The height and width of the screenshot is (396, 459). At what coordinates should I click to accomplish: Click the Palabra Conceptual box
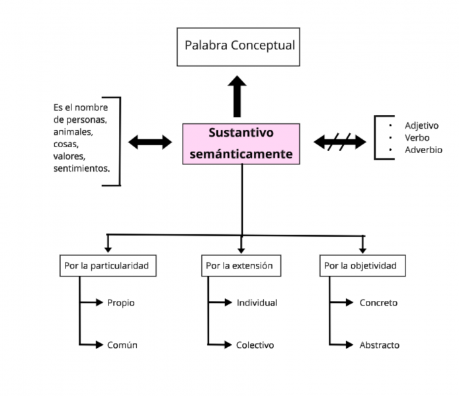click(239, 46)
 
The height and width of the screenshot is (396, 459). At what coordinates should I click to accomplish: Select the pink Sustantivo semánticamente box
click(241, 143)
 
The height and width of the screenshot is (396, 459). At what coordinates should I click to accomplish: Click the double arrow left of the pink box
click(149, 142)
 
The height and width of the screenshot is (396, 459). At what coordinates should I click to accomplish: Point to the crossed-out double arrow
click(339, 142)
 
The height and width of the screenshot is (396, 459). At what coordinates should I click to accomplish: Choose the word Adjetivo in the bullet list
click(422, 125)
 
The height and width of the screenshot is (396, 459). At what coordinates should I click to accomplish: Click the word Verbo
click(417, 138)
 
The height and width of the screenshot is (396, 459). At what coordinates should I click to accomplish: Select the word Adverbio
click(423, 150)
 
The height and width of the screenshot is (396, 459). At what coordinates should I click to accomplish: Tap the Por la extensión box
click(240, 266)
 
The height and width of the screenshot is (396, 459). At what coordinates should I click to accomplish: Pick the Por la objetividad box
click(362, 266)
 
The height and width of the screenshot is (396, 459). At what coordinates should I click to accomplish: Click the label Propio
click(120, 303)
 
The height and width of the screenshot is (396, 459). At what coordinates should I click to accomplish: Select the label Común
click(122, 345)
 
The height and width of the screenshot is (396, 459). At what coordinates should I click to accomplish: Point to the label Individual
click(257, 303)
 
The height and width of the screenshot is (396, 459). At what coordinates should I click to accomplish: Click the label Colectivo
click(255, 345)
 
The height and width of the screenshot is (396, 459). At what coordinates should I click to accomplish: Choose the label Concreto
click(378, 303)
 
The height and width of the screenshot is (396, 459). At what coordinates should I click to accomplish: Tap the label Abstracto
click(379, 345)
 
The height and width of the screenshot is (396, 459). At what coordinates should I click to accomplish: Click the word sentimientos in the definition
click(81, 168)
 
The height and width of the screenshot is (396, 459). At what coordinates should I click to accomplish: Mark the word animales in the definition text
click(73, 132)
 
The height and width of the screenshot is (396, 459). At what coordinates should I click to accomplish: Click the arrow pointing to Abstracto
click(343, 345)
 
